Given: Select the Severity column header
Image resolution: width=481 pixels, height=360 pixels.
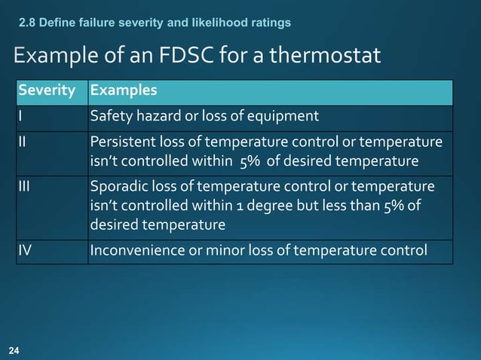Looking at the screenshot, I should click(x=47, y=91).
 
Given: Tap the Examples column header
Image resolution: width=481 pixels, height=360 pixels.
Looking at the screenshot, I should click(x=124, y=91).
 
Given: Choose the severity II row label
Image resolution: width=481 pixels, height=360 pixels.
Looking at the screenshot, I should click(x=23, y=142).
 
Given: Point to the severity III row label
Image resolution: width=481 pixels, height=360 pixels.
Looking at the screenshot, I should click(x=25, y=186).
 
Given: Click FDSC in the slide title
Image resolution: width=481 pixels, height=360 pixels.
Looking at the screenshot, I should click(x=175, y=56).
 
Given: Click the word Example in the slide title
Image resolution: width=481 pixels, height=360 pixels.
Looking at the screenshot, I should click(x=51, y=56).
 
